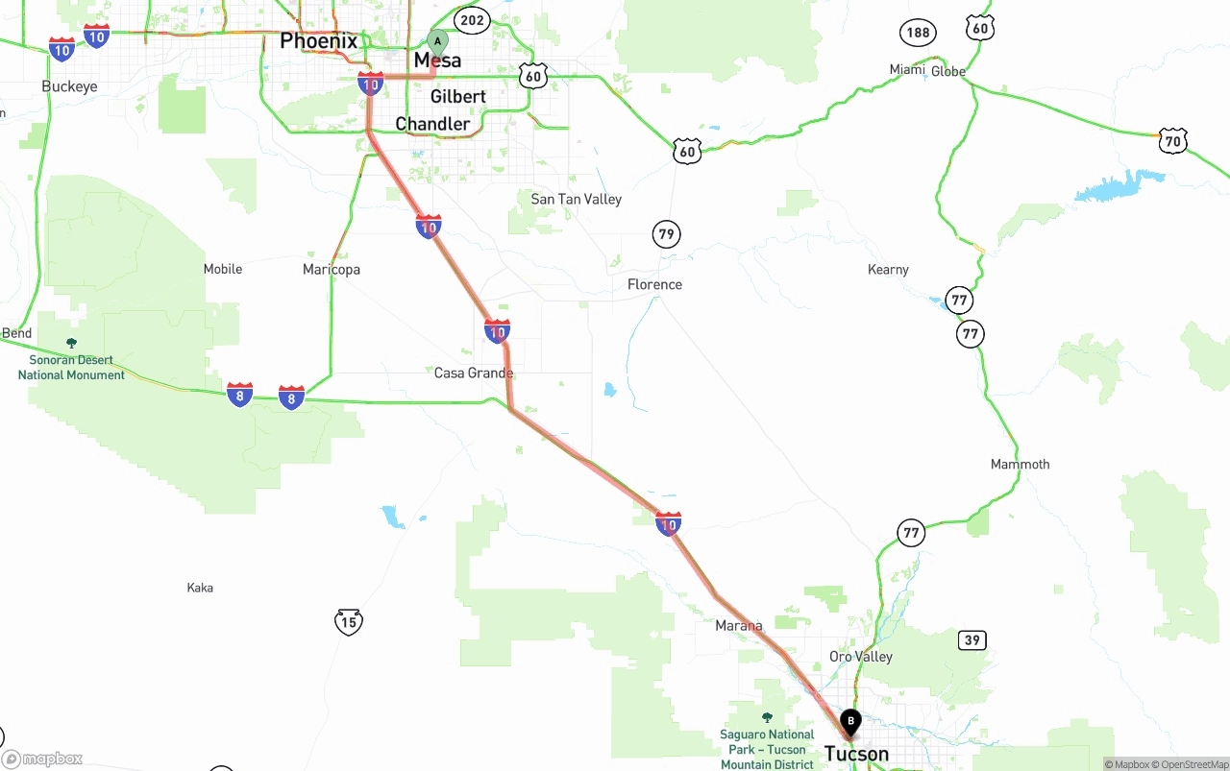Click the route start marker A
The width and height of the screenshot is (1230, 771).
pyautogui.click(x=437, y=42)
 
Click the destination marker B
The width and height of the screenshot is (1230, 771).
pyautogui.click(x=850, y=721)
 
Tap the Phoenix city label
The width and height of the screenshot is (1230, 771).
pyautogui.click(x=318, y=41)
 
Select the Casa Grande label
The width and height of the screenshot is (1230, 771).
pyautogui.click(x=474, y=373)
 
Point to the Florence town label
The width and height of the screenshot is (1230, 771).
pyautogui.click(x=654, y=285)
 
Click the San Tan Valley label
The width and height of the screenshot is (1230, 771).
pyautogui.click(x=577, y=200)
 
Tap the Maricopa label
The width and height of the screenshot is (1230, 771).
pyautogui.click(x=332, y=270)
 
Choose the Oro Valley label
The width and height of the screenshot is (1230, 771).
pyautogui.click(x=861, y=657)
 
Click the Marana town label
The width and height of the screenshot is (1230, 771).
pyautogui.click(x=739, y=626)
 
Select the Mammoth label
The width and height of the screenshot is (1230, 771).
pyautogui.click(x=1021, y=465)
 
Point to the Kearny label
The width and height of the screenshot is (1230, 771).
pyautogui.click(x=888, y=270)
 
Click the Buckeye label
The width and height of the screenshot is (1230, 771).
pyautogui.click(x=69, y=86)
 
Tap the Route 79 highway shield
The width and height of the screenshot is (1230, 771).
pyautogui.click(x=666, y=233)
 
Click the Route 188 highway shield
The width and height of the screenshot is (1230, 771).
pyautogui.click(x=918, y=33)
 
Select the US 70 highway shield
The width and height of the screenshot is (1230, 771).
pyautogui.click(x=1172, y=140)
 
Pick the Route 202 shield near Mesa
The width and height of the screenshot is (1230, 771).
pyautogui.click(x=472, y=20)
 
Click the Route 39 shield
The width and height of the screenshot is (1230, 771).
pyautogui.click(x=972, y=640)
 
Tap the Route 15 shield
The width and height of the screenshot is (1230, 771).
pyautogui.click(x=349, y=622)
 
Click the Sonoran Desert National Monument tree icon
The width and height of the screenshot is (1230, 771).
pyautogui.click(x=71, y=343)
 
